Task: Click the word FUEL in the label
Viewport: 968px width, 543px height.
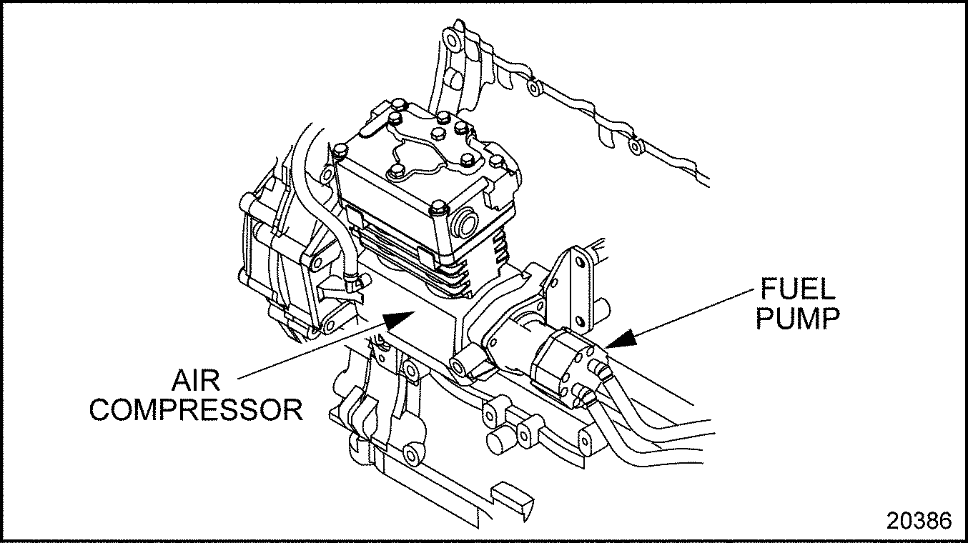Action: pyautogui.click(x=797, y=290)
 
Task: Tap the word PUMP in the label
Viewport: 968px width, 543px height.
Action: pyautogui.click(x=797, y=319)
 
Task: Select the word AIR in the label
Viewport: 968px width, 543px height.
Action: pyautogui.click(x=195, y=381)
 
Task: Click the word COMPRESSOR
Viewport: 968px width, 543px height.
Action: pyautogui.click(x=196, y=410)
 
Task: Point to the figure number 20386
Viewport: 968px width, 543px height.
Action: pyautogui.click(x=919, y=520)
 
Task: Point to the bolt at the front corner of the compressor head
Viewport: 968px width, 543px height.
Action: pyautogui.click(x=438, y=210)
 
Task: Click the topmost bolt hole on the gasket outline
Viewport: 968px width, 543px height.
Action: pyautogui.click(x=450, y=36)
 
